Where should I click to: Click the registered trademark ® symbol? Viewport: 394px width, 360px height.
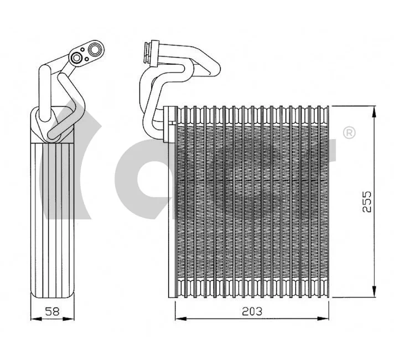(x=349, y=133)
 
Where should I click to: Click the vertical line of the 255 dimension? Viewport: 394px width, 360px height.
(x=376, y=166)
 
